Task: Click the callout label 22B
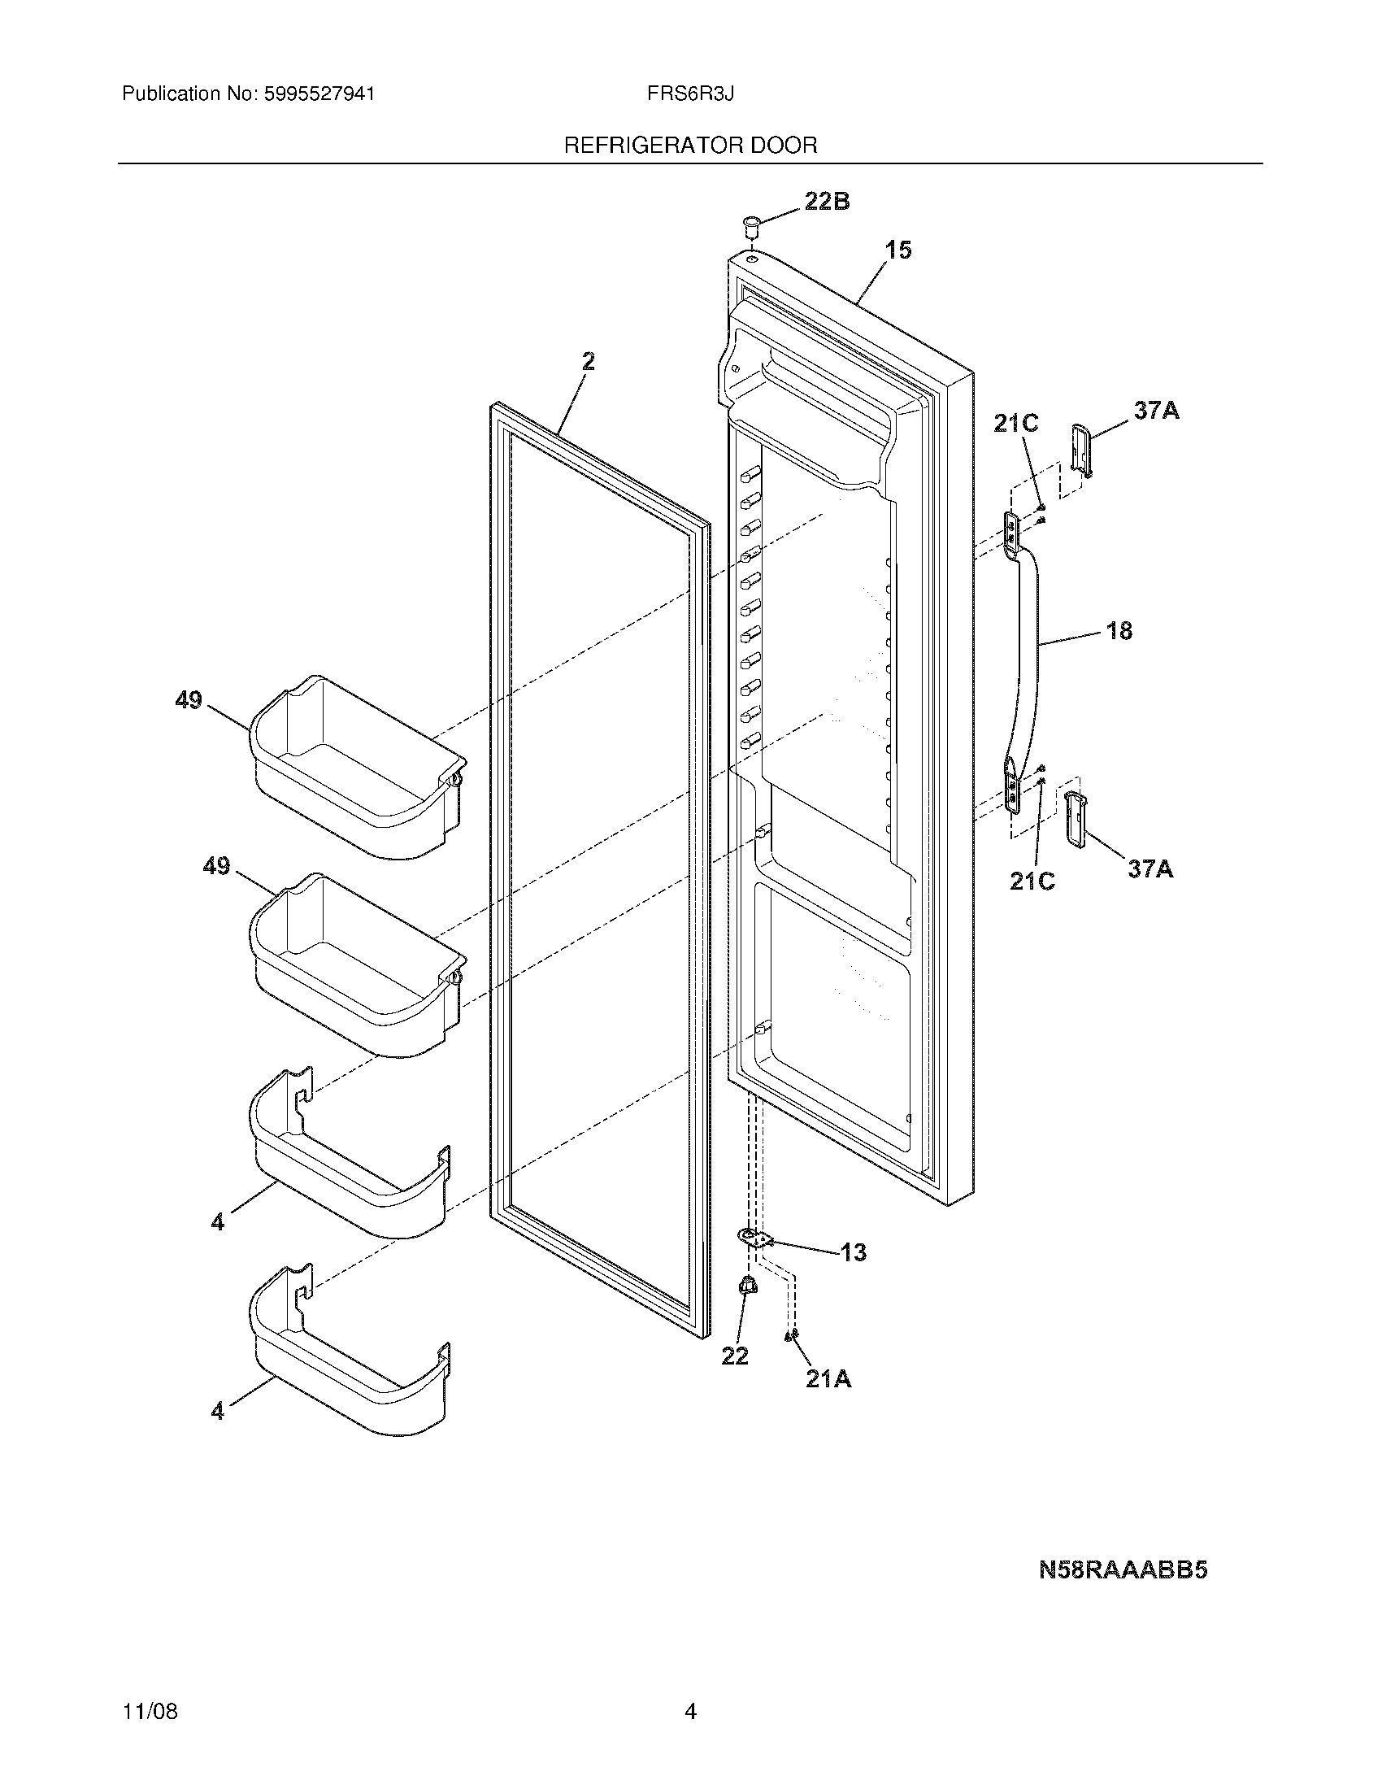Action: pyautogui.click(x=826, y=201)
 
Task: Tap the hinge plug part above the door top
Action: pyautogui.click(x=750, y=224)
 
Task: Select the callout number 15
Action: pyautogui.click(x=898, y=250)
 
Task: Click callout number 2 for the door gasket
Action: pyautogui.click(x=588, y=361)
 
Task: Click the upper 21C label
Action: pyautogui.click(x=1015, y=423)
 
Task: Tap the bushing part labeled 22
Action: pyautogui.click(x=746, y=1308)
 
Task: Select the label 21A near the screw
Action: pyautogui.click(x=828, y=1379)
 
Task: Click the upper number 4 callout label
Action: pyautogui.click(x=217, y=1222)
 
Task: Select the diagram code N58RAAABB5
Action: pyautogui.click(x=1123, y=1569)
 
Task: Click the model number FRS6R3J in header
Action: pyautogui.click(x=689, y=94)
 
